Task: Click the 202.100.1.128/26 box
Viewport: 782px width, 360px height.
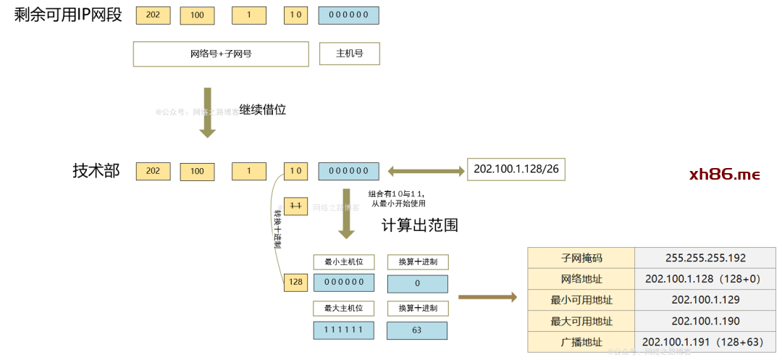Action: (x=516, y=169)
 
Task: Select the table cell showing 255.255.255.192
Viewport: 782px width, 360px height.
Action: (x=705, y=258)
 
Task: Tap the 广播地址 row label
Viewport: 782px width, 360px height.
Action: (x=581, y=342)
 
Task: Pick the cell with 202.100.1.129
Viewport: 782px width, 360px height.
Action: (x=705, y=300)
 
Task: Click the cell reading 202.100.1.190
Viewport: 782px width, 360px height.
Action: (x=705, y=321)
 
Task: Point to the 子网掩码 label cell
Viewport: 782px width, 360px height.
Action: (x=581, y=258)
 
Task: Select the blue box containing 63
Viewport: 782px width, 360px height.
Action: (x=417, y=330)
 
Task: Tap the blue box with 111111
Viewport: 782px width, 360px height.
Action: (x=344, y=330)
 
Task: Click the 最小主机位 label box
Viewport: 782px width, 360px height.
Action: (x=344, y=261)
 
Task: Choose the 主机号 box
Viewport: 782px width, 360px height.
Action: (x=349, y=54)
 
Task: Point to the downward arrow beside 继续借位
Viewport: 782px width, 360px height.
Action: (x=208, y=112)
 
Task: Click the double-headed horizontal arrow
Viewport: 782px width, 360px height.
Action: (x=426, y=171)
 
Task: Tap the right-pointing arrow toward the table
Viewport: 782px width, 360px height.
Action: (x=487, y=296)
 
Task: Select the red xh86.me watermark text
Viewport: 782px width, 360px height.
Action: (x=725, y=175)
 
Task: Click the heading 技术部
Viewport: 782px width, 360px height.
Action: (x=96, y=171)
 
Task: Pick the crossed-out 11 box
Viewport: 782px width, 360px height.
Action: (x=296, y=206)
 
